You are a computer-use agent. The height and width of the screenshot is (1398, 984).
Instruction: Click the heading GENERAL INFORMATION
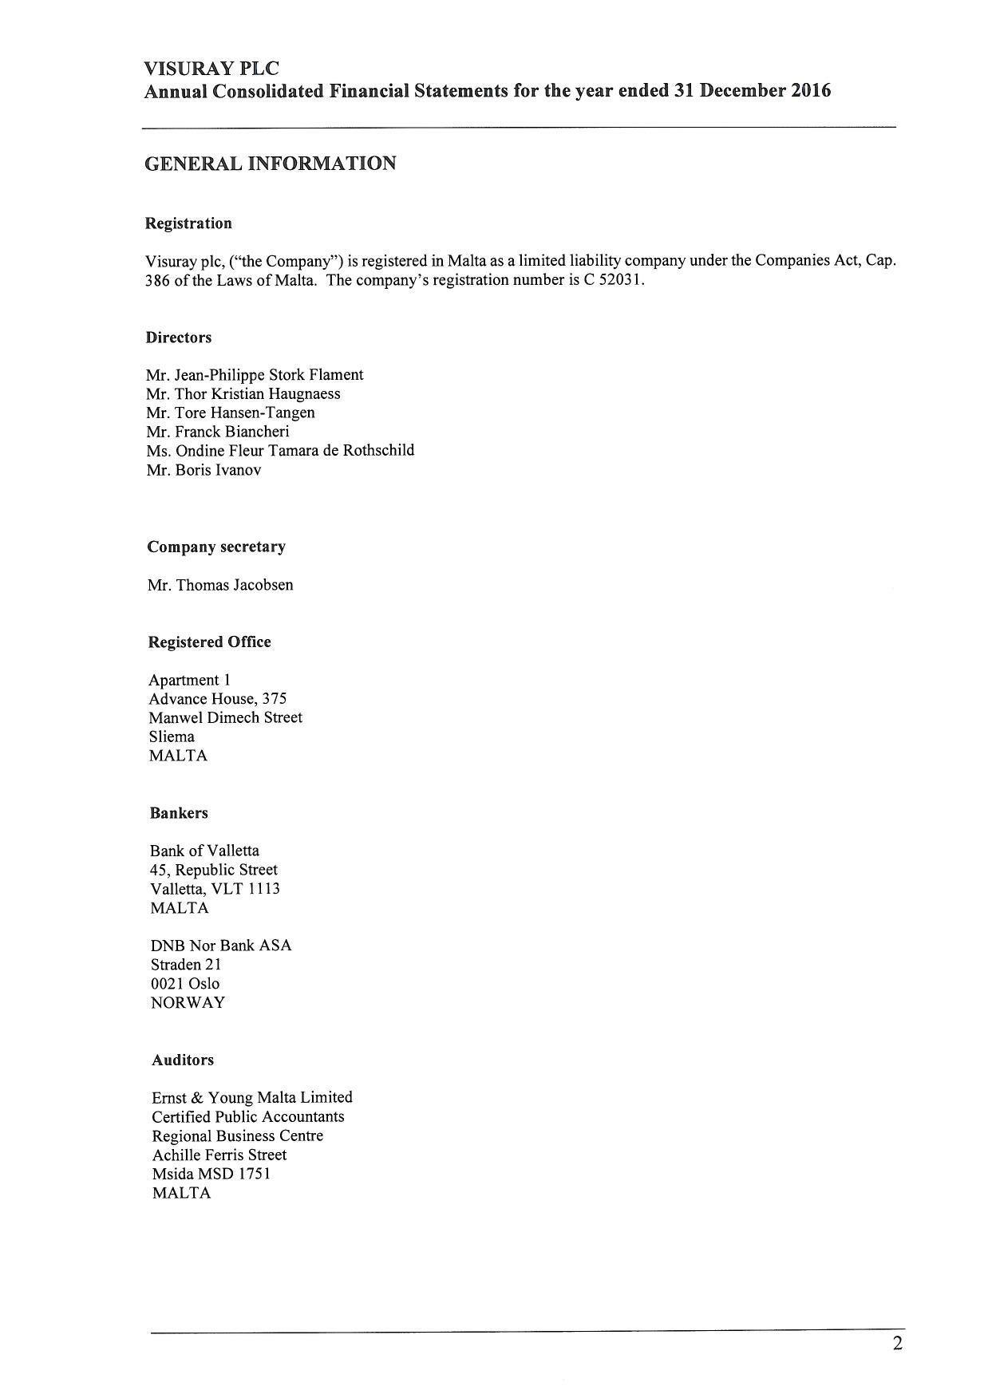pos(270,164)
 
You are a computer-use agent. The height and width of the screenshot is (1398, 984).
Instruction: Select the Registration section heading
pos(188,223)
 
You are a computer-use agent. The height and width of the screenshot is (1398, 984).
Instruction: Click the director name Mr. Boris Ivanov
pos(204,470)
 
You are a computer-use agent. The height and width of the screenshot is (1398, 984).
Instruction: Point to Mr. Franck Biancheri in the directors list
pos(217,432)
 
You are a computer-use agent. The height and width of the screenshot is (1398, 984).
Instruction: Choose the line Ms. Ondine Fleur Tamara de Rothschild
pos(280,451)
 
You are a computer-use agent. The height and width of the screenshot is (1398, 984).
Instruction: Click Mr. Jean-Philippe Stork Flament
pos(255,375)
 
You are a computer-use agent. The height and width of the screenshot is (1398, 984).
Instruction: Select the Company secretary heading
pos(216,547)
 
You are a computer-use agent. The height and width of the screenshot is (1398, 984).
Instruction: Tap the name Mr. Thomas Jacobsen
pos(220,585)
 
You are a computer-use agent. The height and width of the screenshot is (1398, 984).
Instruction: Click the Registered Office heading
pos(210,642)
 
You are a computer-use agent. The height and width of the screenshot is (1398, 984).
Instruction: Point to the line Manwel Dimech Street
pos(226,718)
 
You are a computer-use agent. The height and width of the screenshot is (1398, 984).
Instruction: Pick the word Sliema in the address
pos(172,737)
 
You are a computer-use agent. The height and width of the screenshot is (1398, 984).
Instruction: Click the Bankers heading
pos(179,813)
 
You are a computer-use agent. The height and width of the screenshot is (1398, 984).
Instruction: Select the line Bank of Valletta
pos(204,851)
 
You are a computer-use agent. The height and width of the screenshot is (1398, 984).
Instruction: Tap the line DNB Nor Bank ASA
pos(221,946)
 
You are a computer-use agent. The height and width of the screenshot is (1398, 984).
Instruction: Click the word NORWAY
pos(188,1003)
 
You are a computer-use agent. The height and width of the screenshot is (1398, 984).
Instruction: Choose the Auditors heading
pos(183,1060)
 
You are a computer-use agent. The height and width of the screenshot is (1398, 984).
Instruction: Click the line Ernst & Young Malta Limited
pos(252,1098)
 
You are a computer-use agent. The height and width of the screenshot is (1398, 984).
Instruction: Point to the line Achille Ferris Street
pos(219,1155)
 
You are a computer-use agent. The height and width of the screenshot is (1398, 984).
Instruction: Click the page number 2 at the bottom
pos(898,1345)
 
